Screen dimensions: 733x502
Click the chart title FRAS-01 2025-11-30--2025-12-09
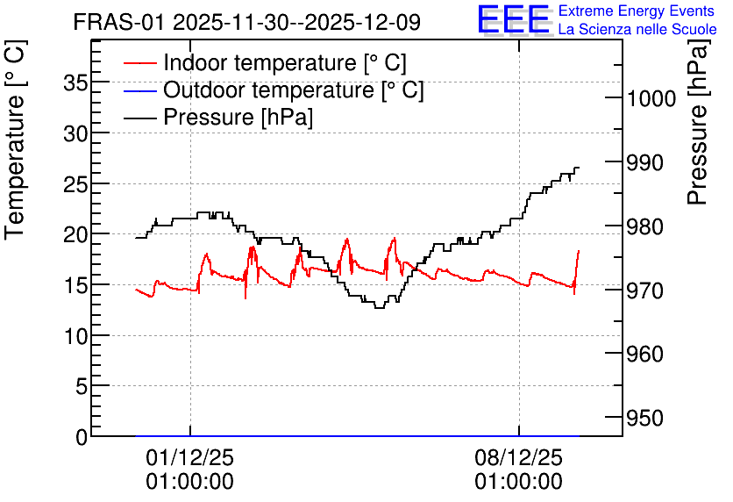[x=247, y=22]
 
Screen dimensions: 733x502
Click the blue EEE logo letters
[x=514, y=19]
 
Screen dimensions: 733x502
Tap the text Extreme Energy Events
[x=637, y=11]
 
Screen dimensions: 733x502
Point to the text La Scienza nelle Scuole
[x=637, y=29]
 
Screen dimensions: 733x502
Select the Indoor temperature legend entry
[x=265, y=62]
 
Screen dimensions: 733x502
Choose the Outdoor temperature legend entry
[x=274, y=90]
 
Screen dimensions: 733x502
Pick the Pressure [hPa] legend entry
[x=218, y=117]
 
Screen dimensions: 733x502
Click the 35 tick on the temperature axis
[x=75, y=83]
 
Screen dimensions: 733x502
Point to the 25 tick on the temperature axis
[x=75, y=185]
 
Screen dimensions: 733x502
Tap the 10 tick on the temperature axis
[x=75, y=336]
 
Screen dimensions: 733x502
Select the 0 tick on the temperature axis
[x=82, y=437]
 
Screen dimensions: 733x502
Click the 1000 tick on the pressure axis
[x=651, y=98]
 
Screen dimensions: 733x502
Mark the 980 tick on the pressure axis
[x=645, y=227]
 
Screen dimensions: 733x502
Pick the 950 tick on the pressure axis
[x=645, y=418]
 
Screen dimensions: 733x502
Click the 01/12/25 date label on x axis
[x=189, y=457]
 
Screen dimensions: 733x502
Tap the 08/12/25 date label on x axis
[x=519, y=457]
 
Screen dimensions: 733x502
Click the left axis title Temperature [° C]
[x=15, y=140]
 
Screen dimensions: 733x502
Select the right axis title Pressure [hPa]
[x=698, y=122]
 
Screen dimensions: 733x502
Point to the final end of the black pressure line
[x=580, y=168]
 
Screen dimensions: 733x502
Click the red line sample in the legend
[x=139, y=63]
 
